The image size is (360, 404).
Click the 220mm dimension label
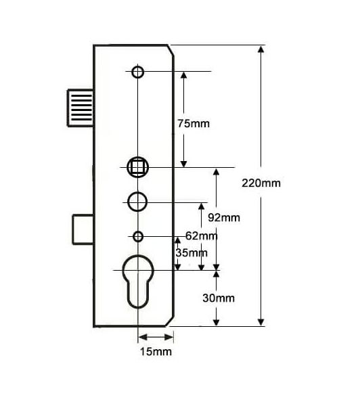261,183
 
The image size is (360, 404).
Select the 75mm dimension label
194,124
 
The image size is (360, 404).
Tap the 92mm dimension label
224,218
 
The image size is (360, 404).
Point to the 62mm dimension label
202,235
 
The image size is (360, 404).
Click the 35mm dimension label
192,253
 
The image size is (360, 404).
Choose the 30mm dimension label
219,298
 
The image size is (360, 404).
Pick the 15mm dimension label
156,351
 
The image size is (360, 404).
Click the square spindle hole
138,167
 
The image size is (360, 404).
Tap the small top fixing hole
138,72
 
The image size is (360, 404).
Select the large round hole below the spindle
137,202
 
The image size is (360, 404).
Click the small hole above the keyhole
138,236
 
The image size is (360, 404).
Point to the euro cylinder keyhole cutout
138,282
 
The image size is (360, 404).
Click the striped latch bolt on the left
81,108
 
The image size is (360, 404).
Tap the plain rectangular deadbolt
83,229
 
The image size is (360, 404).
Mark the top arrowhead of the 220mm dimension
261,49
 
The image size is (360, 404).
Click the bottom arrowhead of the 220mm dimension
261,322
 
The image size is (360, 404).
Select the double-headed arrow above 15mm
156,337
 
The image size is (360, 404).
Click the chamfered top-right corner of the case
171,51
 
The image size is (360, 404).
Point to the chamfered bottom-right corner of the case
170,321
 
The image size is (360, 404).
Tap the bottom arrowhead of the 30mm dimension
217,322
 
